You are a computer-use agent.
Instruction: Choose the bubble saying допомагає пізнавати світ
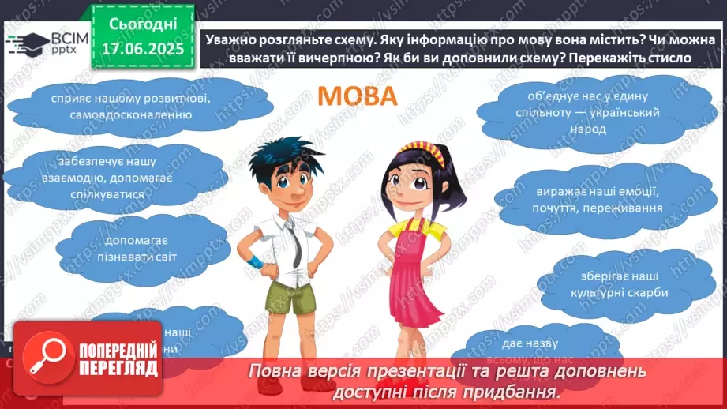(127, 246)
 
